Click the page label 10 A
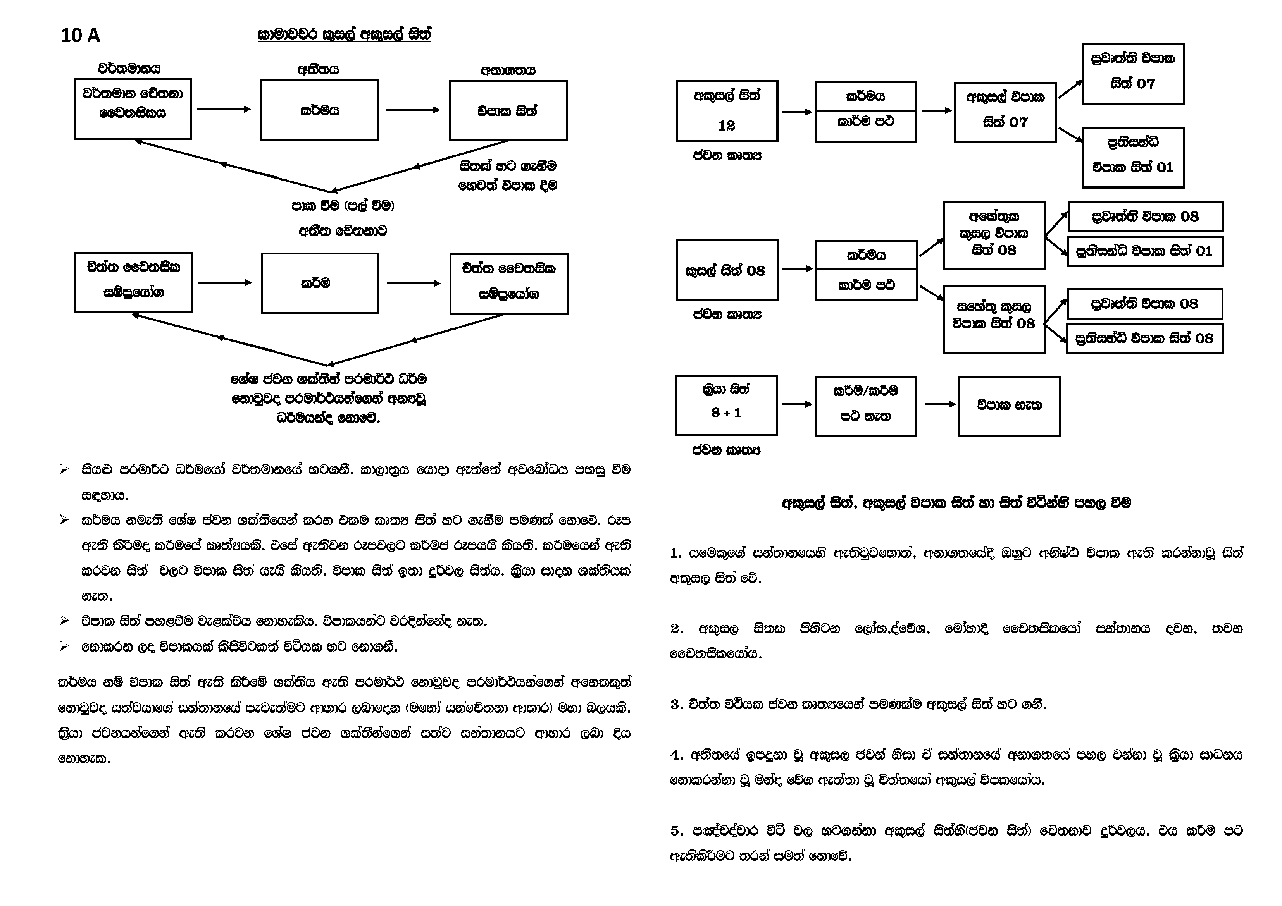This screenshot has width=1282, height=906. (x=80, y=36)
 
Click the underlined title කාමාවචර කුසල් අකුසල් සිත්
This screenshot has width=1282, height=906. (x=344, y=34)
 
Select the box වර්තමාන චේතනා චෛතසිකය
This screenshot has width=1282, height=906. (x=133, y=109)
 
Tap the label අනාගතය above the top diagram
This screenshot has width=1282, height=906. (x=508, y=70)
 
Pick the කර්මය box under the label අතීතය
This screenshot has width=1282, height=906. (x=319, y=110)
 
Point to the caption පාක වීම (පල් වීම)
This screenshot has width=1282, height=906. (x=343, y=205)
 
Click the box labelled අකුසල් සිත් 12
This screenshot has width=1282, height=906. (x=726, y=110)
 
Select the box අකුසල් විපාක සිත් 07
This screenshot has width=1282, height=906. (x=1005, y=112)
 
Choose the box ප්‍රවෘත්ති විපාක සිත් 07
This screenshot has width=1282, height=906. (x=1132, y=74)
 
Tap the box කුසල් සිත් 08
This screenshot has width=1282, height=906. (x=726, y=270)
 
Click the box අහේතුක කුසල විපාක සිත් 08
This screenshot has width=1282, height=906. (x=994, y=235)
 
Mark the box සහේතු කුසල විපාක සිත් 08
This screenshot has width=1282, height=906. (x=994, y=319)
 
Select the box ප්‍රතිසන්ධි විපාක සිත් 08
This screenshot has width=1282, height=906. (x=1145, y=338)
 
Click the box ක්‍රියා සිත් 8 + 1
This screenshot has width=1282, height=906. (x=726, y=405)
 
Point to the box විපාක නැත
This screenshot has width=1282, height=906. (x=1009, y=405)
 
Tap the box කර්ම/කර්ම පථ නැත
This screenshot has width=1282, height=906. (x=865, y=405)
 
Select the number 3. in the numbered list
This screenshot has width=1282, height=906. (x=677, y=705)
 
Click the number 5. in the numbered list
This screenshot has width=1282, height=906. (x=677, y=830)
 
